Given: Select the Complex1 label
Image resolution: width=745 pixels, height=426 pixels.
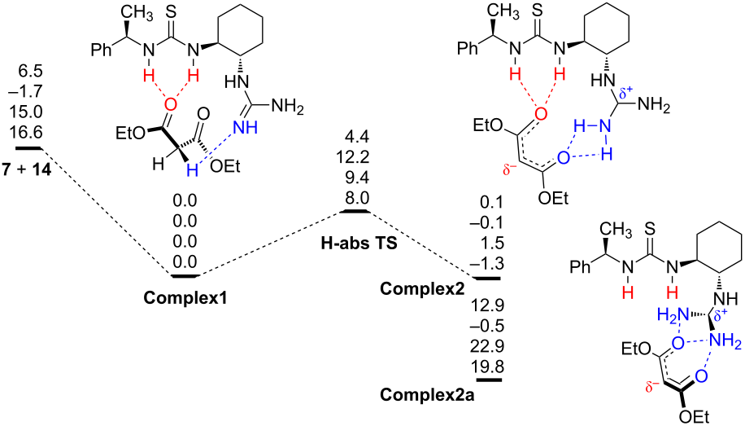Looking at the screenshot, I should [x=185, y=296].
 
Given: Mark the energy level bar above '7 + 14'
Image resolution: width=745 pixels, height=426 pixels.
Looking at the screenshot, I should [x=28, y=148].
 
